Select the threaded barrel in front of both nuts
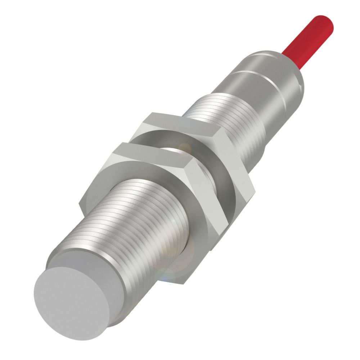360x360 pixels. pos(144,230)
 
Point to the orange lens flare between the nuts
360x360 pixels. pos(185,148)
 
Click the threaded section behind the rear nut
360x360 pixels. pos(223,115)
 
